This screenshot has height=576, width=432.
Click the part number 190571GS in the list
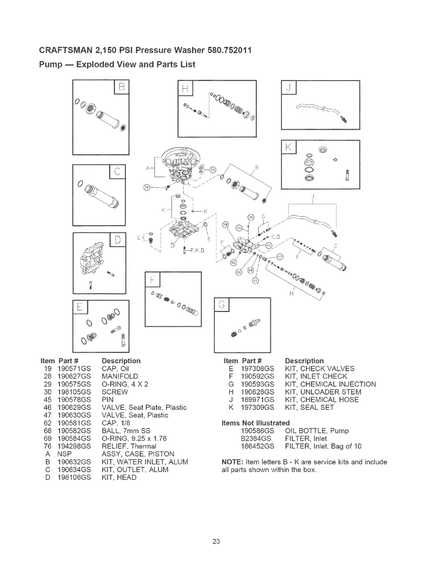pyautogui.click(x=71, y=369)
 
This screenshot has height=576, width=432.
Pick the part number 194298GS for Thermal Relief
pyautogui.click(x=71, y=446)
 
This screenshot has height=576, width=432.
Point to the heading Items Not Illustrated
pyautogui.click(x=256, y=423)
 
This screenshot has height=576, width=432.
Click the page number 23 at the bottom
pyautogui.click(x=216, y=542)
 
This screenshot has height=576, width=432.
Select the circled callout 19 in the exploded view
pyautogui.click(x=213, y=170)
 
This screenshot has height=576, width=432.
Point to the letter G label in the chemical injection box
pyautogui.click(x=222, y=304)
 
